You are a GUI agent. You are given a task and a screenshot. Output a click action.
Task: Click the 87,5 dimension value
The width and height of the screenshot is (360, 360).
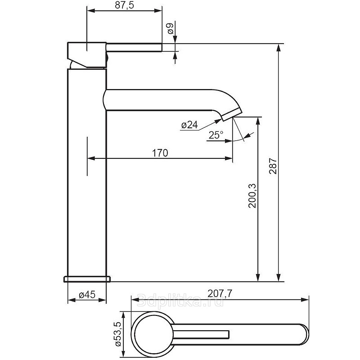(125, 5)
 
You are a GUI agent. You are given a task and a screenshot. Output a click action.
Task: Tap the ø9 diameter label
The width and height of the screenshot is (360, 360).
(171, 28)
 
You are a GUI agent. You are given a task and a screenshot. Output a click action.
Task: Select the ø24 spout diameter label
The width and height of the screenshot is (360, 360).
(189, 125)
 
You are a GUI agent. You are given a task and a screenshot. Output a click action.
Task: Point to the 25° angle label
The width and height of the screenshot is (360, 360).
(216, 135)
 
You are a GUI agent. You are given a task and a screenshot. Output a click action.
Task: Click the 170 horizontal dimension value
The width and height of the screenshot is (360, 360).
(160, 153)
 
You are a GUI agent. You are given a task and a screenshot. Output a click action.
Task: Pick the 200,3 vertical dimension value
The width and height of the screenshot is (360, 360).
(252, 196)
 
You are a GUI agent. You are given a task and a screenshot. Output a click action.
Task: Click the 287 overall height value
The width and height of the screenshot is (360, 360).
(273, 166)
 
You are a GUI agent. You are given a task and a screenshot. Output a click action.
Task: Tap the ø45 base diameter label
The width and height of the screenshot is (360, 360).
(87, 295)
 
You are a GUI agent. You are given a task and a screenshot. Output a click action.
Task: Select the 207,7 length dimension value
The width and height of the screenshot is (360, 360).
(220, 293)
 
